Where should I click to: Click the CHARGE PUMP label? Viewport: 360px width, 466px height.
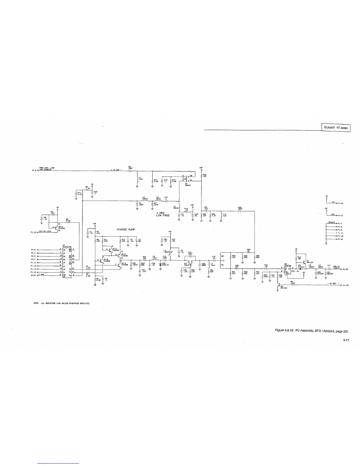pyautogui.click(x=126, y=230)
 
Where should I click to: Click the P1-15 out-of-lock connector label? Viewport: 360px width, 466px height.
pyautogui.click(x=33, y=232)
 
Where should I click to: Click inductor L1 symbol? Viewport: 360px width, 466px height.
pyautogui.click(x=137, y=179)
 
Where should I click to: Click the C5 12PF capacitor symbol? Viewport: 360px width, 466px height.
pyautogui.click(x=130, y=171)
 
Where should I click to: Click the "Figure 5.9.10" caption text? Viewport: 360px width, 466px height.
pyautogui.click(x=282, y=331)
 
